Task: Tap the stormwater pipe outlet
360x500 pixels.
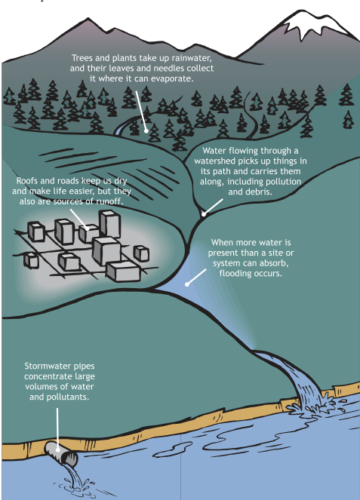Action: click(x=61, y=453)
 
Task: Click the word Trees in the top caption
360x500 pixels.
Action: click(x=82, y=58)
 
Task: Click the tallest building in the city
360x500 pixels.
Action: click(x=109, y=225)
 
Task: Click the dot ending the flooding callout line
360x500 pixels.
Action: click(x=187, y=284)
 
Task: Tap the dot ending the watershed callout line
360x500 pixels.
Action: click(x=204, y=215)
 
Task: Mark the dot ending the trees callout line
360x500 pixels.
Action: click(x=146, y=130)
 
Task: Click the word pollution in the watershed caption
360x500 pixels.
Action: click(x=282, y=182)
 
